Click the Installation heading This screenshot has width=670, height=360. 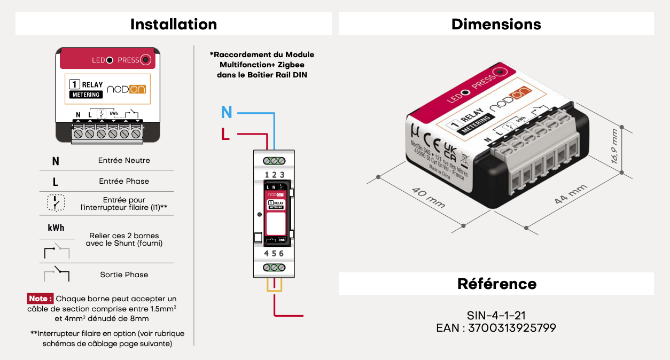(174, 24)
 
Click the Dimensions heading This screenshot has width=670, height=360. (496, 24)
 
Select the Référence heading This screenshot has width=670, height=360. (496, 284)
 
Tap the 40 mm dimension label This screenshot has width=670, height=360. (428, 197)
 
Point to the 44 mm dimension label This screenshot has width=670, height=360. (570, 194)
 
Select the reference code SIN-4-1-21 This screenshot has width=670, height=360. (496, 316)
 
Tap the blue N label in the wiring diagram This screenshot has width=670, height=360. (227, 112)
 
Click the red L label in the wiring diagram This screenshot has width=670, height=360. (225, 135)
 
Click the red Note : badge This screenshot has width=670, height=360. (41, 299)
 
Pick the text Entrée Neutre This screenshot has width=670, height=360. (124, 160)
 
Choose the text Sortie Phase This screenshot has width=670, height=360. (124, 275)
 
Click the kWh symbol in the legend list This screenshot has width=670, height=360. (56, 228)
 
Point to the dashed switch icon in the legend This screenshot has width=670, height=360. (56, 202)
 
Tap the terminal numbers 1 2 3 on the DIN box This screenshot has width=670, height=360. (274, 175)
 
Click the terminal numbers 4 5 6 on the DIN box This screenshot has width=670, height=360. (274, 254)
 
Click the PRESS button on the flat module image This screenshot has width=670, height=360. (146, 60)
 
